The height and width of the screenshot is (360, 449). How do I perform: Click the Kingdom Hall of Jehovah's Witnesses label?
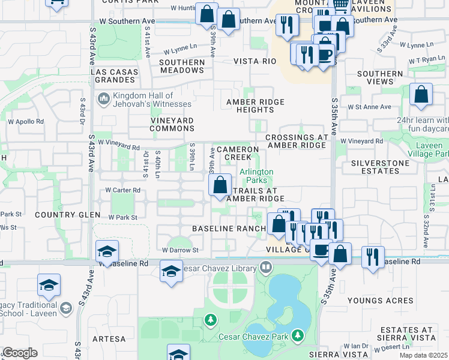(x=143, y=100)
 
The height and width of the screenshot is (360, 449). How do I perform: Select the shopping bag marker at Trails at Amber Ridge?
(x=220, y=185)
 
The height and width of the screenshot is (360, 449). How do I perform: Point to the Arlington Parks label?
(x=256, y=176)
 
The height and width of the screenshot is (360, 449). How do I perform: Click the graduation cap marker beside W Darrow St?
(x=107, y=251)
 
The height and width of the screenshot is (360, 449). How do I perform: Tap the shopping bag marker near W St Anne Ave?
(x=421, y=94)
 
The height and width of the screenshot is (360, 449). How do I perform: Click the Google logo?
(x=20, y=353)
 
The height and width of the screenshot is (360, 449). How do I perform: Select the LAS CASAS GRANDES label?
(x=114, y=76)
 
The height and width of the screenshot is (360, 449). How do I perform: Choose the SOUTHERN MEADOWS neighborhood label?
(x=181, y=66)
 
